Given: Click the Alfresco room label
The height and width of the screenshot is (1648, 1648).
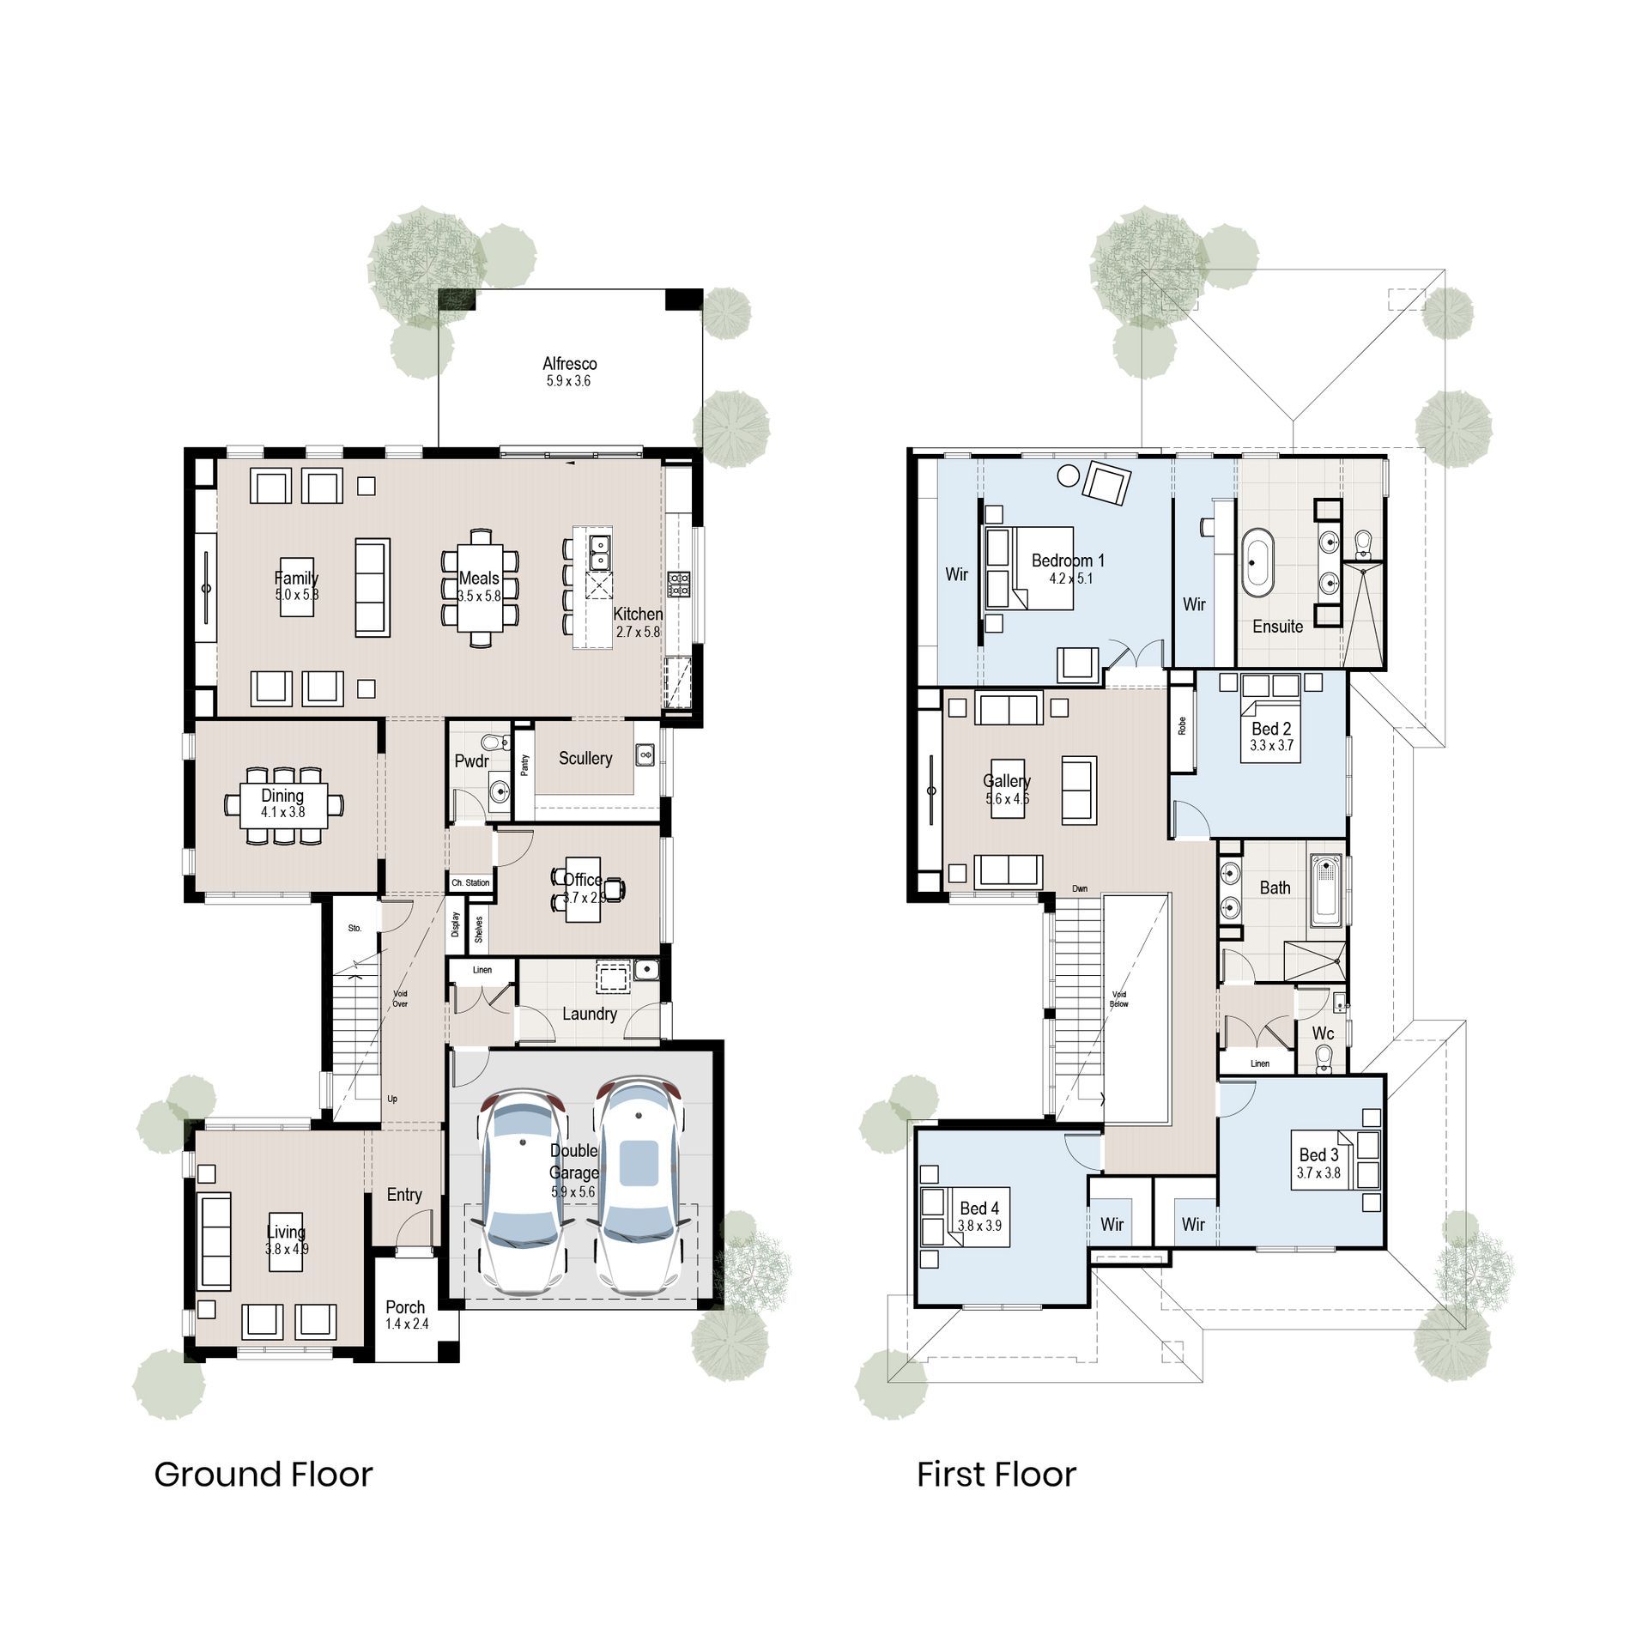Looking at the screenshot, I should [569, 364].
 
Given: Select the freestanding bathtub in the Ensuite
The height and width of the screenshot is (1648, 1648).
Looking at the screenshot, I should [1257, 562].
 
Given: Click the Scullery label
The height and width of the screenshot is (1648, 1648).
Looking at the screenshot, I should [585, 758].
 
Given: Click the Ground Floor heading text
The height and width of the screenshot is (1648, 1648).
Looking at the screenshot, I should [263, 1475].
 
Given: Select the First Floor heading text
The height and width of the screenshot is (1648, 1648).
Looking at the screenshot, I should [996, 1475].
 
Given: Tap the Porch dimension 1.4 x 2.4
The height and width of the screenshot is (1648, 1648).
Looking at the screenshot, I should [407, 1324].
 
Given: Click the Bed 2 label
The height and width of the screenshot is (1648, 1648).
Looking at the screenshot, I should [1271, 729].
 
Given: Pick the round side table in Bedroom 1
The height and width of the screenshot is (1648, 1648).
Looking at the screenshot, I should [1069, 475].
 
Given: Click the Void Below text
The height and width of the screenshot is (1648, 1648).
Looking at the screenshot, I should [1118, 999].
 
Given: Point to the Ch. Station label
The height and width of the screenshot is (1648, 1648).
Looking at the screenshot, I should [470, 882].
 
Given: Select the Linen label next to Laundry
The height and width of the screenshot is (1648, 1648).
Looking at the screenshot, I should [482, 970].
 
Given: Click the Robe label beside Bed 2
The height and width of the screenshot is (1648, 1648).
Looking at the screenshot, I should [1182, 725].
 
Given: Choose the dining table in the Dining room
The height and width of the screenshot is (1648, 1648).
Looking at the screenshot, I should [283, 804].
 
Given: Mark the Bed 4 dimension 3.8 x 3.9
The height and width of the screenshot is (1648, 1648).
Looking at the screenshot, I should [979, 1226].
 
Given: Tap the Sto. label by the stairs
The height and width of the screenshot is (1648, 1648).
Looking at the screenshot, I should [354, 929].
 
